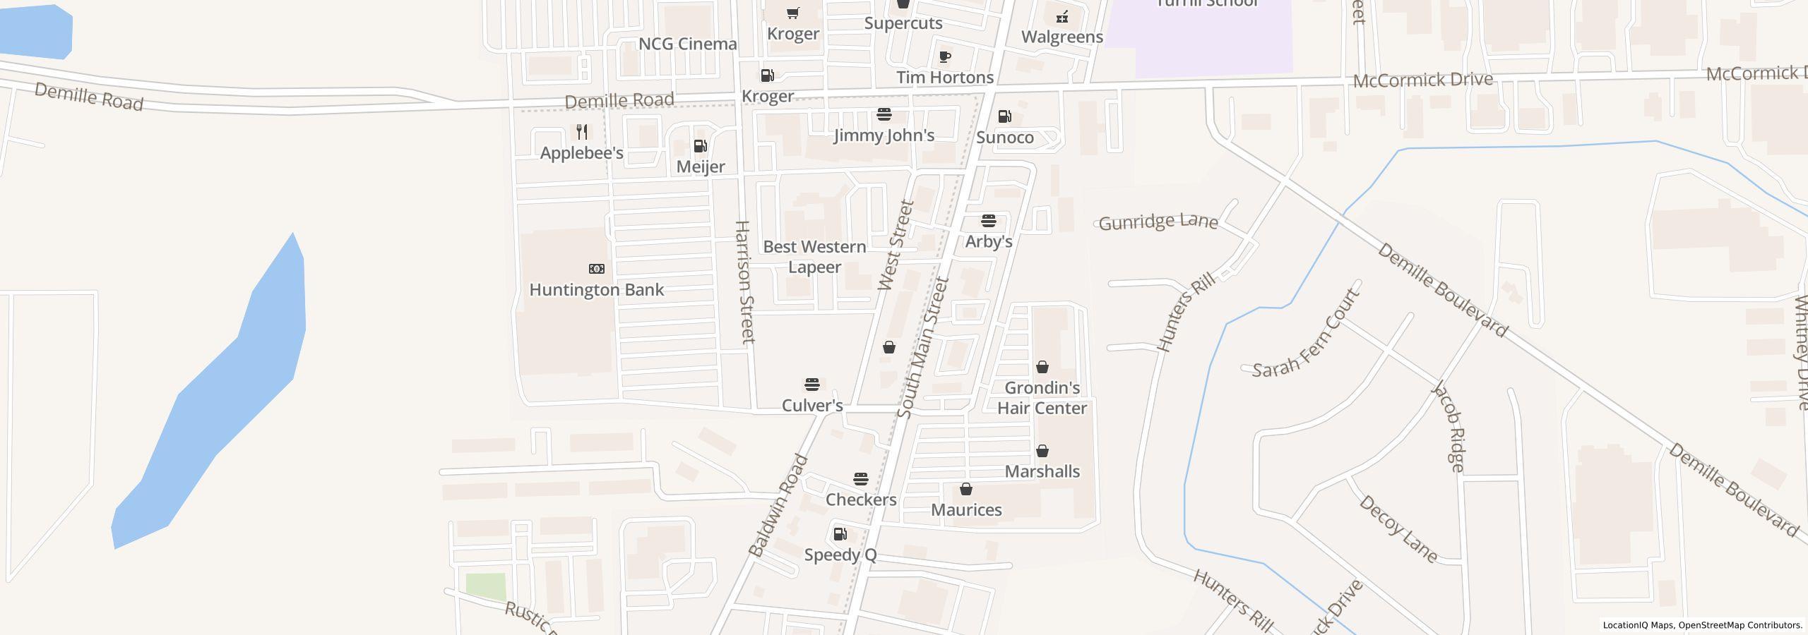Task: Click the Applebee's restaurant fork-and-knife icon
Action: click(582, 132)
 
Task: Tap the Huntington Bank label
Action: click(596, 290)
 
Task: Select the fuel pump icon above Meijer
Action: click(701, 146)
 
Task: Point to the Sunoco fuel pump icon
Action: click(1004, 116)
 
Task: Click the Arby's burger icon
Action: click(989, 221)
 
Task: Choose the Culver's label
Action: click(812, 406)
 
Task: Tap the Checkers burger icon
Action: click(860, 479)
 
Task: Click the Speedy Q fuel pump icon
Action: click(840, 534)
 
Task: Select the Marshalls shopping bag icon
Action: click(1042, 451)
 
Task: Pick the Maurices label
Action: click(966, 510)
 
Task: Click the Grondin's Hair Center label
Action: click(1042, 398)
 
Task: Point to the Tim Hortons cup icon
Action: click(945, 56)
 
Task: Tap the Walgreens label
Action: click(1062, 37)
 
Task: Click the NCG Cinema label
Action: click(687, 44)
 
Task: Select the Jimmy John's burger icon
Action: click(884, 114)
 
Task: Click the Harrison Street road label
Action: click(745, 282)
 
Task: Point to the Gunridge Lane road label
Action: click(1158, 222)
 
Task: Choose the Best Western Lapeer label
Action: click(814, 257)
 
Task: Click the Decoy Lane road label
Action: click(1398, 529)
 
